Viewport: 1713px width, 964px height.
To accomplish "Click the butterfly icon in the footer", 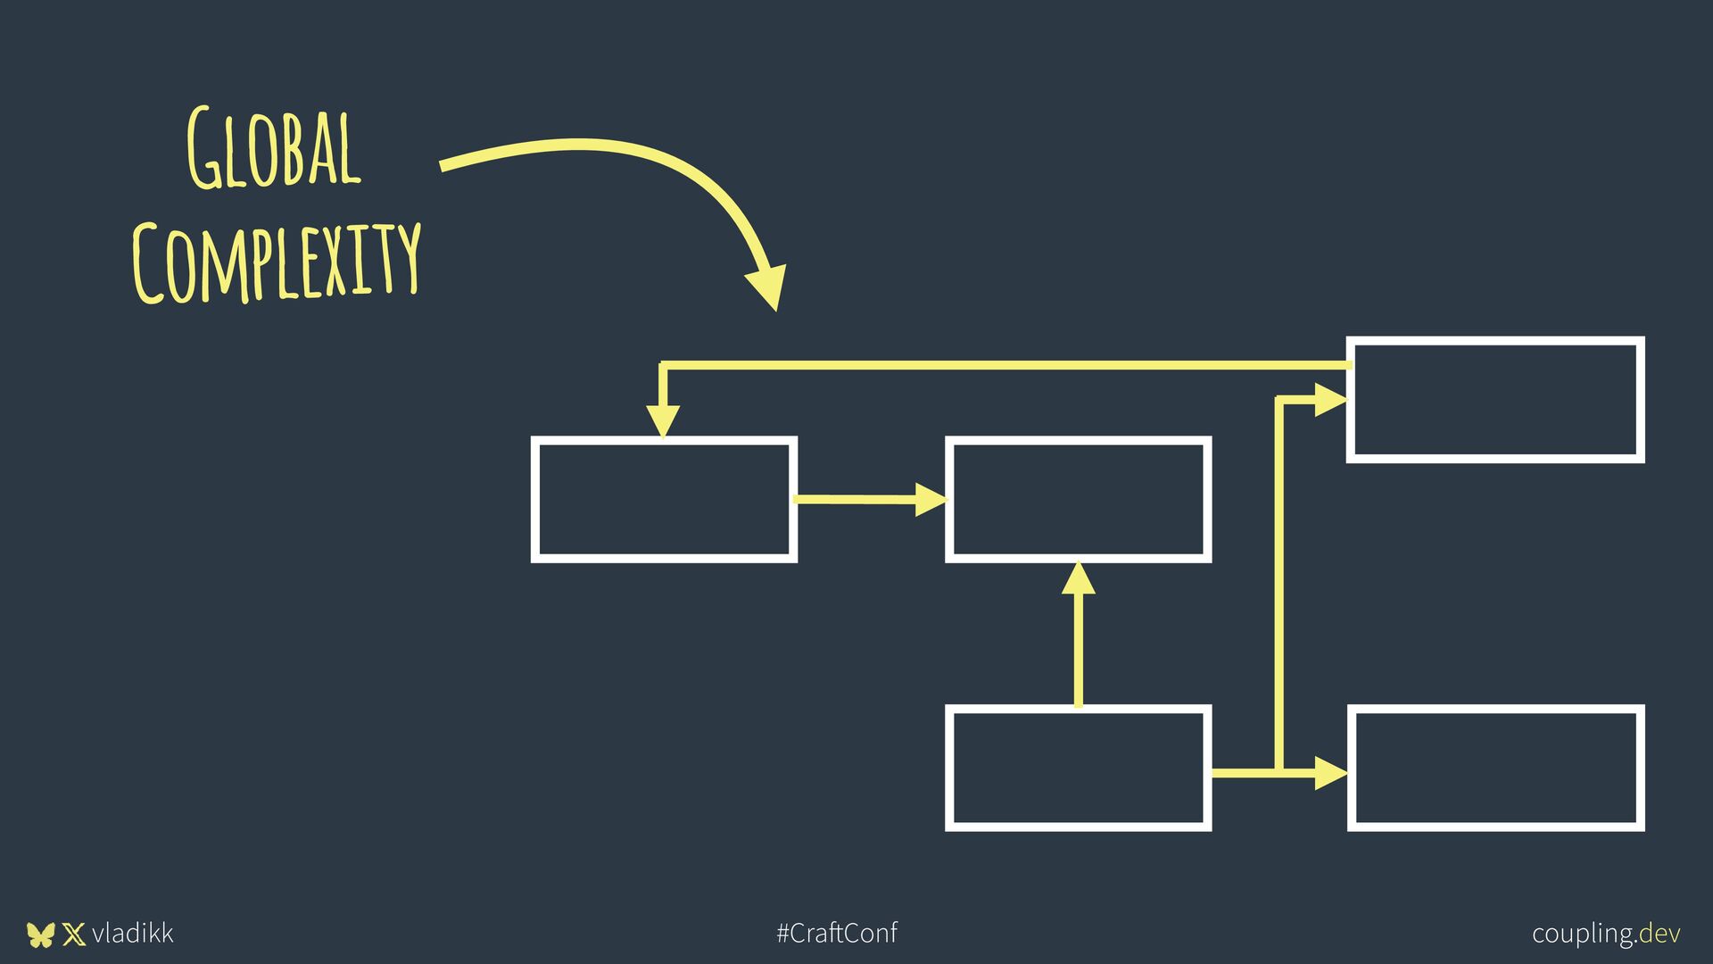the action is [40, 935].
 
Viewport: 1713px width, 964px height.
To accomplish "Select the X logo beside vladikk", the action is [74, 935].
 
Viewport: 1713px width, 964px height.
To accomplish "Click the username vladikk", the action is [133, 934].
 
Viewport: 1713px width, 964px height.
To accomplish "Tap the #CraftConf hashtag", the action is [837, 934].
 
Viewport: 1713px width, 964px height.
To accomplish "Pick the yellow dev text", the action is [1660, 934].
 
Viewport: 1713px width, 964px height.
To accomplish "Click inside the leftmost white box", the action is [664, 500].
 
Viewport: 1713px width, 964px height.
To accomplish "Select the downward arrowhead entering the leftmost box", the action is [663, 420].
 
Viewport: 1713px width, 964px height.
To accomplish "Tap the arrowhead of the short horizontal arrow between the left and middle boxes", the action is [931, 500].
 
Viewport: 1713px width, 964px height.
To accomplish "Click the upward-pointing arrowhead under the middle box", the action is [1079, 579].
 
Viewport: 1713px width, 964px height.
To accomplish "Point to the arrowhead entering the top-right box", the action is [1330, 400].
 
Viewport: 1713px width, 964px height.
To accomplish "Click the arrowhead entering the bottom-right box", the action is [1330, 772].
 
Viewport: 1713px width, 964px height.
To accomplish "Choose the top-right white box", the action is [1495, 400].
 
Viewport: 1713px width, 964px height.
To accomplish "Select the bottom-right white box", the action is [1495, 769].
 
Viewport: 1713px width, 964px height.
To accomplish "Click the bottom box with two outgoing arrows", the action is [1078, 769].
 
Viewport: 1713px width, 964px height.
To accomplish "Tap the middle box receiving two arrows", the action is [1078, 500].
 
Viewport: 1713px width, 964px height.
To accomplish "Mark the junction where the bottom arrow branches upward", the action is [1279, 772].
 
